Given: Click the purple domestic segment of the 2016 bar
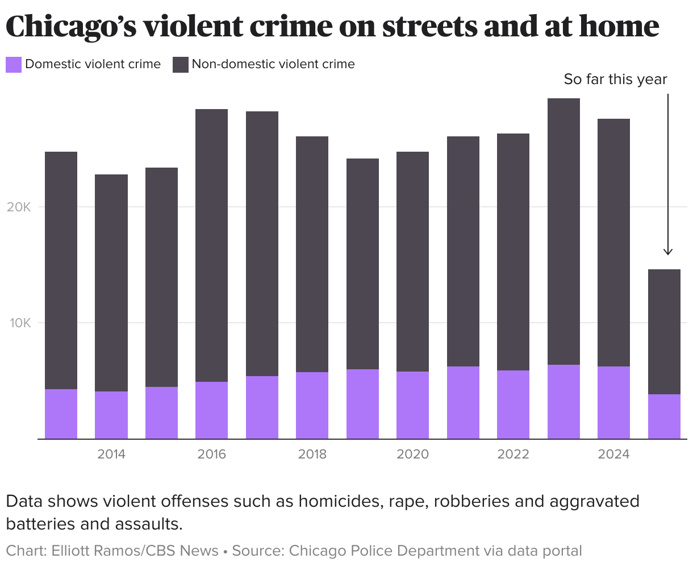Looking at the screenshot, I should pyautogui.click(x=211, y=410).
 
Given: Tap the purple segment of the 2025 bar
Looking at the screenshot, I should pyautogui.click(x=664, y=416).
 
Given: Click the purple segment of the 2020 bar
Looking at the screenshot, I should pyautogui.click(x=412, y=405).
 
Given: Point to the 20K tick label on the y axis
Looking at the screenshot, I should pyautogui.click(x=19, y=207).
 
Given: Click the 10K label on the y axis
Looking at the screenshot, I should pyautogui.click(x=19, y=323).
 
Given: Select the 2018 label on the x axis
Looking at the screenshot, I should pyautogui.click(x=312, y=455).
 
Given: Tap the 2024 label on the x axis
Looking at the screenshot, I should pyautogui.click(x=613, y=455).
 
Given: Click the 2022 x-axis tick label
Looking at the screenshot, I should pyautogui.click(x=513, y=455).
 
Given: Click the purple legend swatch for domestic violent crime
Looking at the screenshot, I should pyautogui.click(x=14, y=64).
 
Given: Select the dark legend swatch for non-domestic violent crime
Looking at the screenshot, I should pyautogui.click(x=181, y=64).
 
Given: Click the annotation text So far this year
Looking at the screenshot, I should pyautogui.click(x=615, y=79).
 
